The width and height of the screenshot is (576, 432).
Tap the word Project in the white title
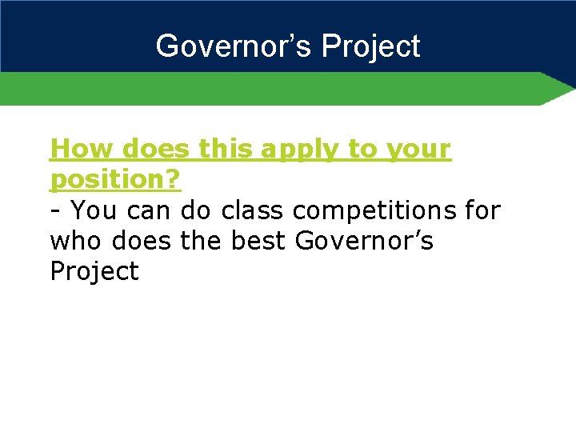tap(370, 46)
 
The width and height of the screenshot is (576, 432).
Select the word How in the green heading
tap(75, 149)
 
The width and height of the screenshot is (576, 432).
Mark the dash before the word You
tap(55, 211)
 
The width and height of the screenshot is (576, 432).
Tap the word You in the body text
tap(91, 210)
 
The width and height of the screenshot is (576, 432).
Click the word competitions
tap(374, 211)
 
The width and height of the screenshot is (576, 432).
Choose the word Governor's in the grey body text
tap(364, 241)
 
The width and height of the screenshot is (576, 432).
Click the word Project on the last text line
tap(94, 272)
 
